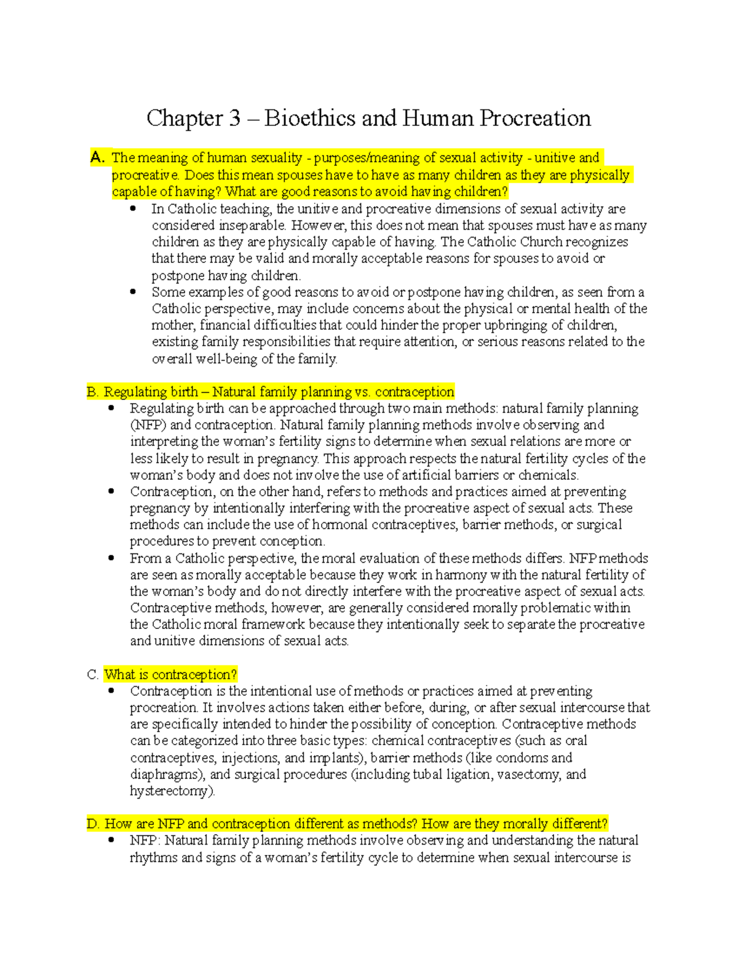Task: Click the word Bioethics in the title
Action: point(310,119)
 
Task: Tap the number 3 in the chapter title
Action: point(234,119)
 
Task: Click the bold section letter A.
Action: point(97,158)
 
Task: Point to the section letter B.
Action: point(92,392)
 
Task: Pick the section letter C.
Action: point(92,674)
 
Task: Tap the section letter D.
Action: point(93,824)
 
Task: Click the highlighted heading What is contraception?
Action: point(170,674)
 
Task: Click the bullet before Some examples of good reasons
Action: point(133,292)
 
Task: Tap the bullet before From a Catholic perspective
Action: point(111,558)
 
